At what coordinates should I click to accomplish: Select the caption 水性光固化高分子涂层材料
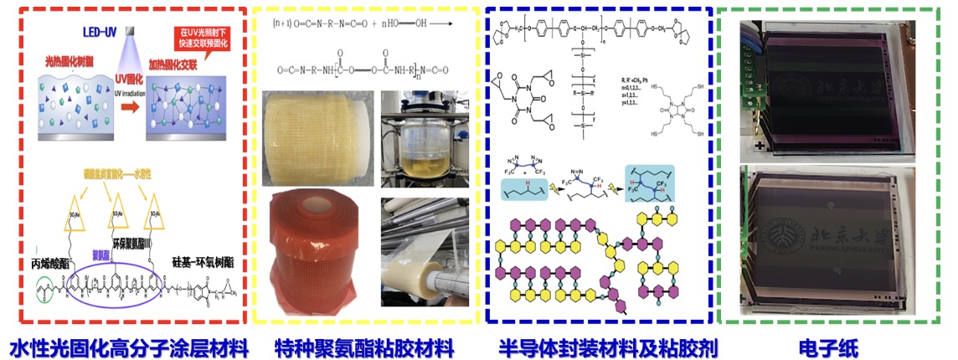(x=129, y=345)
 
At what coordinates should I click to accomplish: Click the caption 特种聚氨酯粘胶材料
(x=363, y=345)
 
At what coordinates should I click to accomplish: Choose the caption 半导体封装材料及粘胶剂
(x=600, y=345)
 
